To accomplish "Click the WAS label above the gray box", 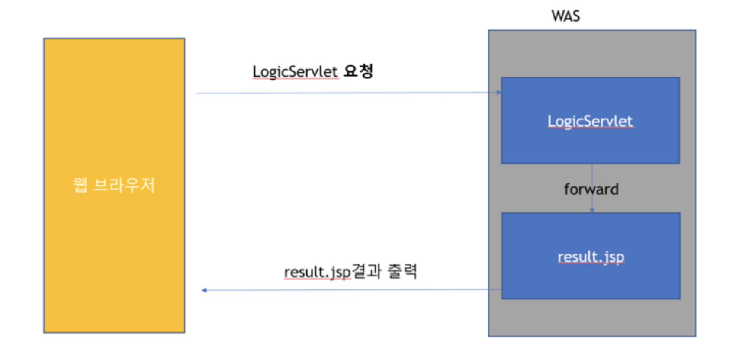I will [565, 16].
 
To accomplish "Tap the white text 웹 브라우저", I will [114, 185].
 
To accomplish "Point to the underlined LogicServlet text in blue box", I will [590, 121].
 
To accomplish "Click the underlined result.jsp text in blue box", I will [591, 257].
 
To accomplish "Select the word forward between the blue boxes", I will [591, 189].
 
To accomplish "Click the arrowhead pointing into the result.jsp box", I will [592, 210].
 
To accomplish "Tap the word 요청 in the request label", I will [359, 71].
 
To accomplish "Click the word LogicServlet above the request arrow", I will [295, 72].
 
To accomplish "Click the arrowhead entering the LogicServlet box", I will [499, 92].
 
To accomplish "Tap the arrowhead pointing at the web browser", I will [204, 290].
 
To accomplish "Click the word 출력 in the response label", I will [402, 271].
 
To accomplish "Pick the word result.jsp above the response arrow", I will [317, 272].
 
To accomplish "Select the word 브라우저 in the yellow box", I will [124, 185].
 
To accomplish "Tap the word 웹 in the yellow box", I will [80, 185].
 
